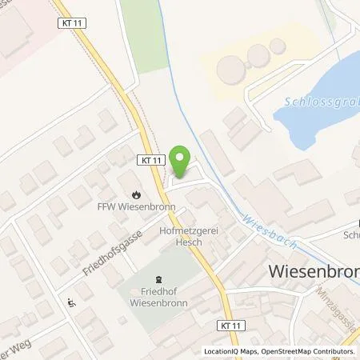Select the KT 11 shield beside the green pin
point(150,160)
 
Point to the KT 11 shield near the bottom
point(227,325)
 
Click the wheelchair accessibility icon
point(70,302)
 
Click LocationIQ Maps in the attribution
point(230,351)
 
